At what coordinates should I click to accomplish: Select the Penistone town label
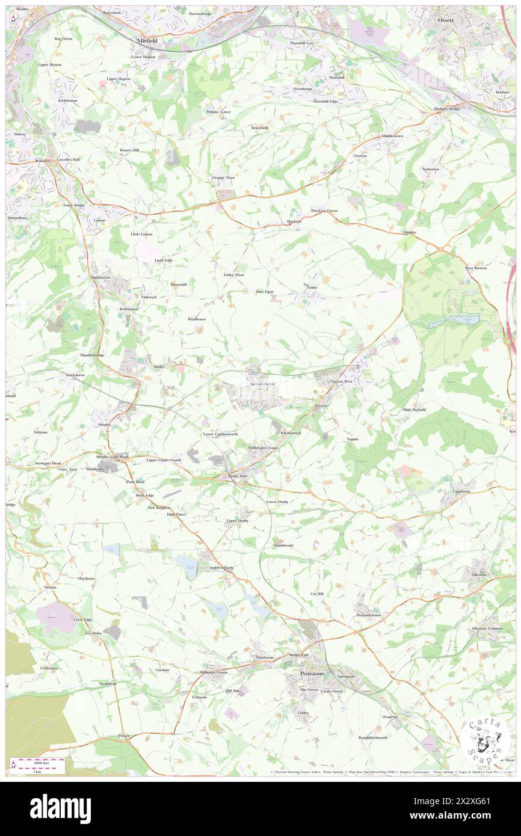pyautogui.click(x=312, y=674)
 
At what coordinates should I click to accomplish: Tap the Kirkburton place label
pyautogui.click(x=129, y=309)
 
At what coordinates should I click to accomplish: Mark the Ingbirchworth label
pyautogui.click(x=221, y=567)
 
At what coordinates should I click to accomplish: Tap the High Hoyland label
pyautogui.click(x=414, y=410)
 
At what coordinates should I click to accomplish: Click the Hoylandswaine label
pyautogui.click(x=369, y=615)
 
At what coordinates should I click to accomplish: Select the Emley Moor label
pyautogui.click(x=233, y=274)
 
